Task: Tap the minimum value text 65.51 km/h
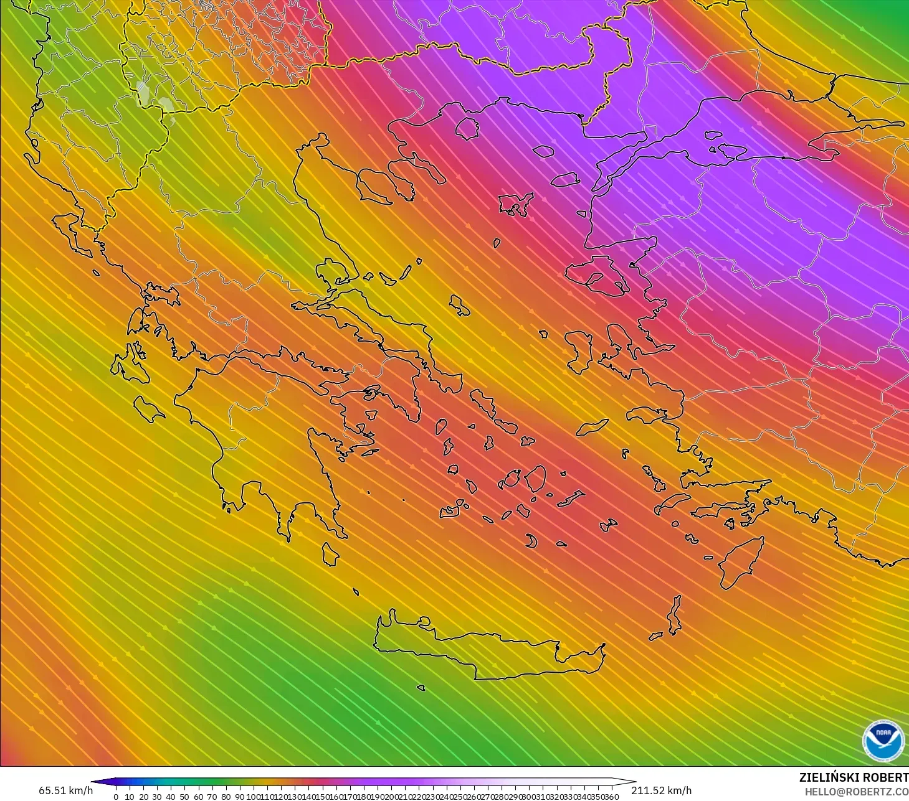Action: point(65,790)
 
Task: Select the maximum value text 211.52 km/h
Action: point(661,790)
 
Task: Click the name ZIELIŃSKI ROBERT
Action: point(854,777)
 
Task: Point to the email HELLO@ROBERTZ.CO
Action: point(856,792)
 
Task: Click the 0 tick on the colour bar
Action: point(116,797)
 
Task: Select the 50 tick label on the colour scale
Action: point(184,797)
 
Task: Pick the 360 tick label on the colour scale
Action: point(612,797)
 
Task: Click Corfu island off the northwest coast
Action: point(72,233)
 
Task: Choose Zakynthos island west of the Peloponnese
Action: point(148,409)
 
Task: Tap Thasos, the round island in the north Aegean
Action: point(467,129)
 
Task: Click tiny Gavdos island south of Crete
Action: point(421,688)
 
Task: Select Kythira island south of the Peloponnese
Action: point(330,554)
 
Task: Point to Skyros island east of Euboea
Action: point(460,305)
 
